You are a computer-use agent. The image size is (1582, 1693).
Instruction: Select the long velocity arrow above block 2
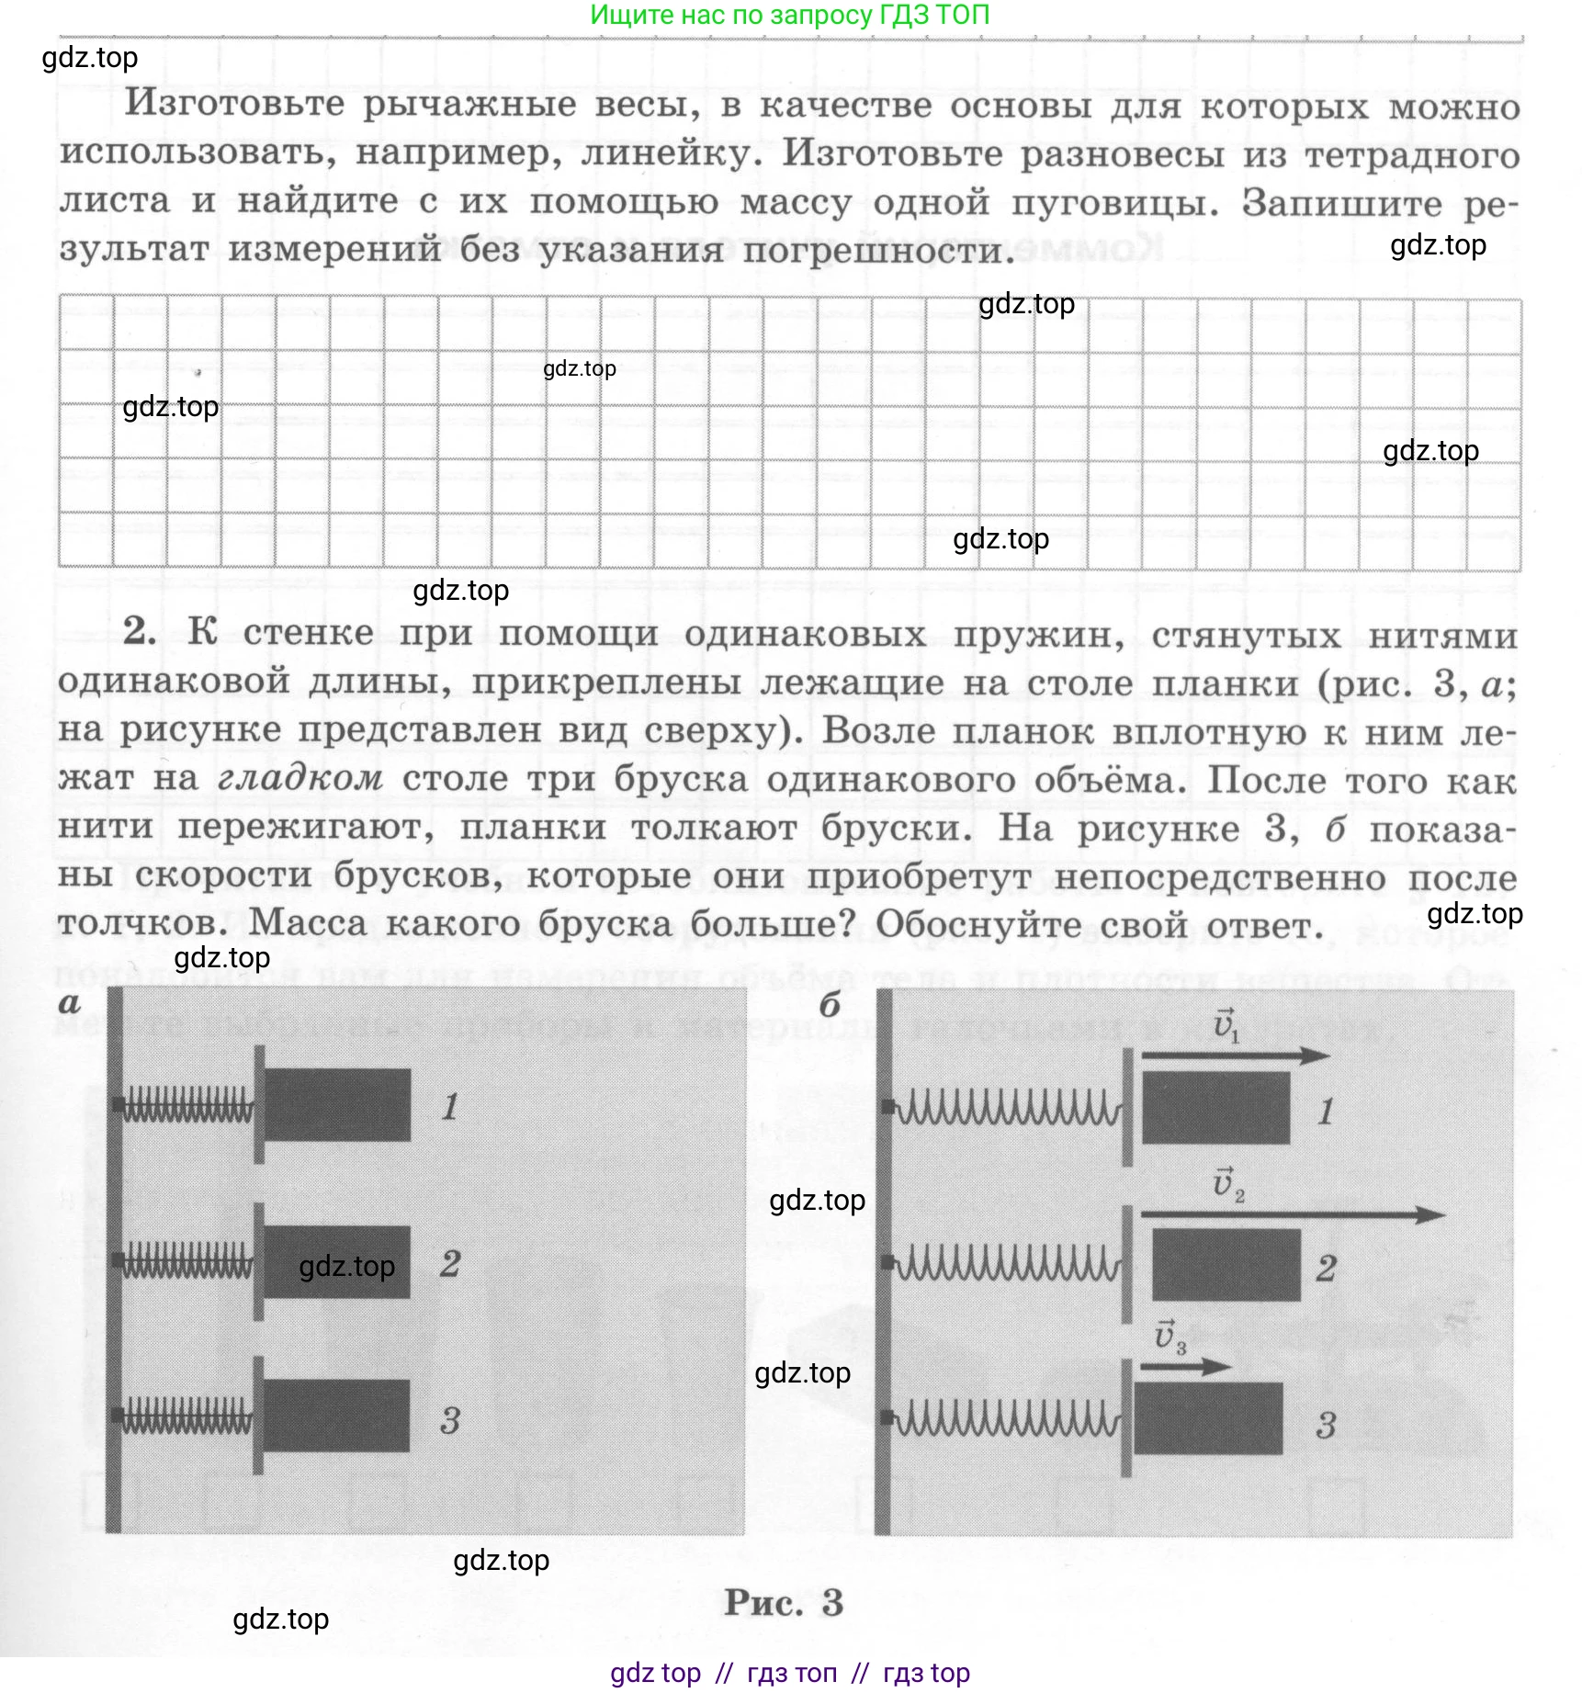[x=1292, y=1214]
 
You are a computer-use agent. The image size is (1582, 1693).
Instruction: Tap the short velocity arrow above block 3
[x=1184, y=1366]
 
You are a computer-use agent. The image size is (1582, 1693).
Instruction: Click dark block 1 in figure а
[x=337, y=1104]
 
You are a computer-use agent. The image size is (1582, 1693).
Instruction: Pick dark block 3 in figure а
[x=337, y=1415]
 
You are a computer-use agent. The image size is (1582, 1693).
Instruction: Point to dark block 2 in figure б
[x=1226, y=1264]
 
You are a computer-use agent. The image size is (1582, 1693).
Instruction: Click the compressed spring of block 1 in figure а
[x=187, y=1104]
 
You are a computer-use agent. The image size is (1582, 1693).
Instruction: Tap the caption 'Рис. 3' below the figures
[x=783, y=1603]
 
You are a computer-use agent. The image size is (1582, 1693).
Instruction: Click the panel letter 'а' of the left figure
[x=70, y=1003]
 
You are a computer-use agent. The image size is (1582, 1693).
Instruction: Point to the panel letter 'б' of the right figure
[x=830, y=1004]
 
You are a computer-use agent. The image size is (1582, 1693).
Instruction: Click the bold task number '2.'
[x=140, y=631]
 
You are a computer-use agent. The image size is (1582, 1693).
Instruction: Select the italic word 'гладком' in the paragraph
[x=300, y=778]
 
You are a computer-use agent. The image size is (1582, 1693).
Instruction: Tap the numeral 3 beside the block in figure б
[x=1325, y=1425]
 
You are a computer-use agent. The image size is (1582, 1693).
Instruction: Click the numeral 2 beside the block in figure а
[x=449, y=1263]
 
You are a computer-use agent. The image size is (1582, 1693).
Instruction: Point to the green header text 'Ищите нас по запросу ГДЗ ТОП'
[x=789, y=15]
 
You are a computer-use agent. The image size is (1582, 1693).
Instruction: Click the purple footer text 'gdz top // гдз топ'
[x=789, y=1673]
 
